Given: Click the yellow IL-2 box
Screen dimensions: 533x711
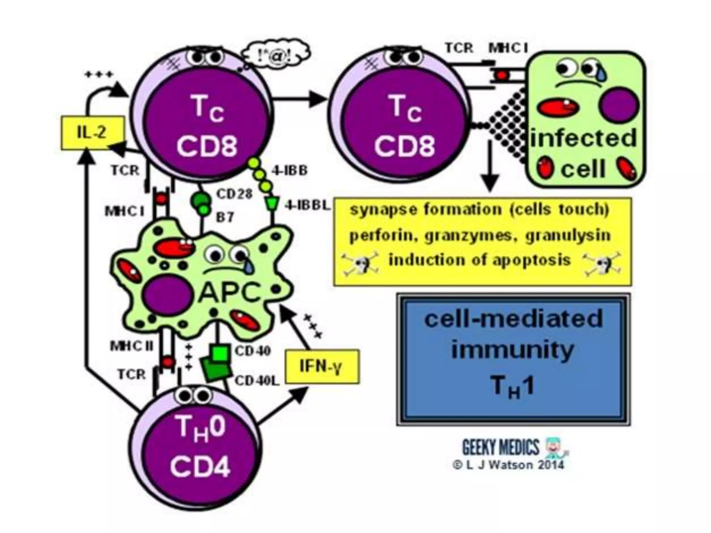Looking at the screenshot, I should point(92,133).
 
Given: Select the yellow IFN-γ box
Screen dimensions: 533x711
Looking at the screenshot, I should point(322,366).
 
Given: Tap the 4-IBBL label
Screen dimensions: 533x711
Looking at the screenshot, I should point(307,205).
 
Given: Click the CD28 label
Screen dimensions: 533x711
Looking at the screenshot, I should point(234,194).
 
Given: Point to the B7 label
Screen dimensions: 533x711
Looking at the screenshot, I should point(225,218).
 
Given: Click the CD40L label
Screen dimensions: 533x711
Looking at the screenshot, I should point(257,381).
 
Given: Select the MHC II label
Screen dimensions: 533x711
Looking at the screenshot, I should point(132,346).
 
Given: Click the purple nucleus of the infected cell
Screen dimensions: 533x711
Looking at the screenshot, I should point(619,105).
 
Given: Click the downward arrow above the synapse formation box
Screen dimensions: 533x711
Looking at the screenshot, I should point(490,167).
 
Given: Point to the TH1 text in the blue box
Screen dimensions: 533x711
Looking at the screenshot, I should point(512,387).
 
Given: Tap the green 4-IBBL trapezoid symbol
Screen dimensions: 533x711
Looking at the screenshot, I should point(271,204).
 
